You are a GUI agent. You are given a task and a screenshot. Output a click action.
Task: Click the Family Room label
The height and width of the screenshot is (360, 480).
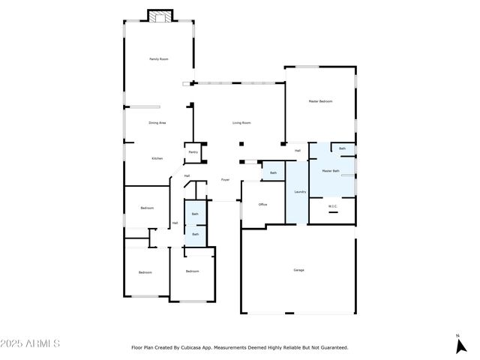[158, 58]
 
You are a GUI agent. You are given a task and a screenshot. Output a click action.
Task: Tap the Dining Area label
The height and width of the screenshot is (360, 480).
[157, 122]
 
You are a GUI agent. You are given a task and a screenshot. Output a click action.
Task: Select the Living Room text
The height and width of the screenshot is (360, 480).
[241, 122]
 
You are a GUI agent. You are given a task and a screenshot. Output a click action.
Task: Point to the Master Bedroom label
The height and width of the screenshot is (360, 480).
[320, 101]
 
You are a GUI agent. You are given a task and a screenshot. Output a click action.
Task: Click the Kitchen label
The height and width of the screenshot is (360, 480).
[157, 158]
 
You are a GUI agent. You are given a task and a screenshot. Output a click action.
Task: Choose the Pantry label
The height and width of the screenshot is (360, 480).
[193, 152]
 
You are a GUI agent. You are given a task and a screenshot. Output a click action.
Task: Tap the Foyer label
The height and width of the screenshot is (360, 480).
[224, 179]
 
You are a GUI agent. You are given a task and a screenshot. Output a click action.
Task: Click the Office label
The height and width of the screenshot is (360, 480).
[262, 204]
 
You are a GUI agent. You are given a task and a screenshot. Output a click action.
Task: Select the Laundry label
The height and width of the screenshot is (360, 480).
[299, 192]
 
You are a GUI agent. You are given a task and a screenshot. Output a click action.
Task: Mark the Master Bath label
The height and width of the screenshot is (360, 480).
[331, 171]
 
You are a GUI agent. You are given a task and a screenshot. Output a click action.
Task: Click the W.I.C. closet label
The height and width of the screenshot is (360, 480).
[333, 206]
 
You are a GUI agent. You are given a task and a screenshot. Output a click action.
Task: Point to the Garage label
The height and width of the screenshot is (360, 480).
[298, 270]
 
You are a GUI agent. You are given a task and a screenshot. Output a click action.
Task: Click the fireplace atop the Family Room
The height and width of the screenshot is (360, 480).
[159, 16]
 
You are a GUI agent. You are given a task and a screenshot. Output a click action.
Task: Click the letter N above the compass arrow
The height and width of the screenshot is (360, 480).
[457, 335]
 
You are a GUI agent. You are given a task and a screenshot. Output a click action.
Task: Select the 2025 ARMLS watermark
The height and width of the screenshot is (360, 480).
[31, 343]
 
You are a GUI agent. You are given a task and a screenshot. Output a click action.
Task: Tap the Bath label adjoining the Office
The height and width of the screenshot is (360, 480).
[273, 173]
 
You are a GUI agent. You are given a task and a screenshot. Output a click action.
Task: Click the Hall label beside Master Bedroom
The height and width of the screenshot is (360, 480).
[298, 151]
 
